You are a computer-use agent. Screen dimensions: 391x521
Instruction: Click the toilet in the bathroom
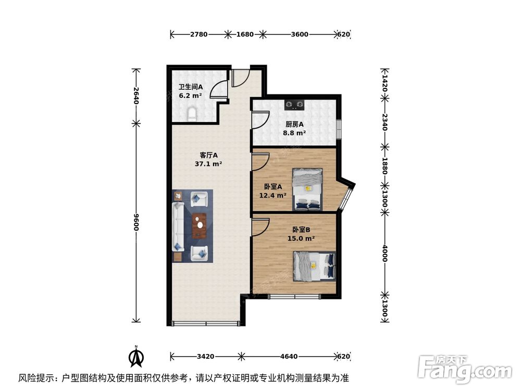191,114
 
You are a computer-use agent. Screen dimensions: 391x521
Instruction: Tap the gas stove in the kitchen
294,105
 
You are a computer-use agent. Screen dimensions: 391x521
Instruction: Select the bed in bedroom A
308,188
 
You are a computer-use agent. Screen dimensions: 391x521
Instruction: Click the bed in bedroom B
314,265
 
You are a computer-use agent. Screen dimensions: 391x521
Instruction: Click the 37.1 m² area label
208,164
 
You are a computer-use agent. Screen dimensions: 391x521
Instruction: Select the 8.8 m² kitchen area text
294,133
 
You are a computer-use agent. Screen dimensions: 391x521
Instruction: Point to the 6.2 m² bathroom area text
190,96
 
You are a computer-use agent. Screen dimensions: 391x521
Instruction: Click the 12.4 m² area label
272,196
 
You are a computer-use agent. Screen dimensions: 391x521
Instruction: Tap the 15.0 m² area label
301,239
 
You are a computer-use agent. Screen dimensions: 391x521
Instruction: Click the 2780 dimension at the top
199,35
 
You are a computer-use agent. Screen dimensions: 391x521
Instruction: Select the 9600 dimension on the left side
136,224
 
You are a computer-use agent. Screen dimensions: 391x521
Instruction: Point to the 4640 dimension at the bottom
288,357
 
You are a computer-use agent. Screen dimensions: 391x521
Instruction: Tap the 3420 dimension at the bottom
205,357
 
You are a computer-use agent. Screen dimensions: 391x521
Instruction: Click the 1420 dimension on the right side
384,82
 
